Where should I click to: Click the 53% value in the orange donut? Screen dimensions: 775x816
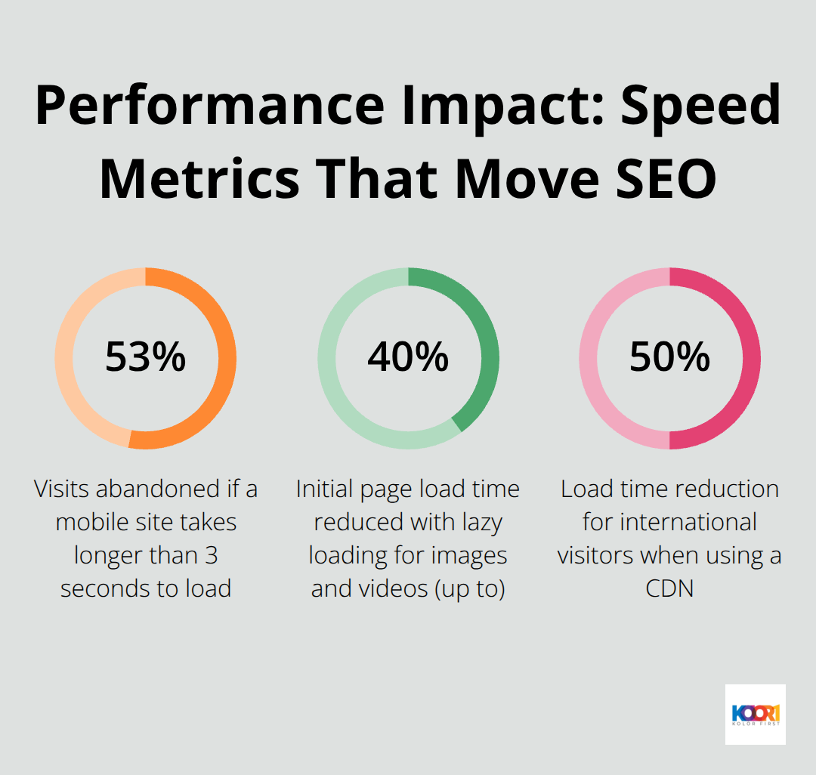click(145, 357)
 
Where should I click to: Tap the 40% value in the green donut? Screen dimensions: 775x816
click(408, 357)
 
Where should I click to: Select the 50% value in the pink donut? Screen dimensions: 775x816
click(669, 357)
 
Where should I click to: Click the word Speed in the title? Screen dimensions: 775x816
click(702, 106)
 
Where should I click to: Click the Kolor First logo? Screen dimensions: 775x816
click(755, 714)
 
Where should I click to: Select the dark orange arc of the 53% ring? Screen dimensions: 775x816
click(227, 358)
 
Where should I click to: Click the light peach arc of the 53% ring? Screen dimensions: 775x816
click(64, 358)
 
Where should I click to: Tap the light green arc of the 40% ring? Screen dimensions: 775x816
click(327, 358)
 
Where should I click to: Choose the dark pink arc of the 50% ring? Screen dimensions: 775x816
click(751, 358)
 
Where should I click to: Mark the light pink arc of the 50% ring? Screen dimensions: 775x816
click(589, 358)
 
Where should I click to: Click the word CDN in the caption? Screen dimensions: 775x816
click(669, 588)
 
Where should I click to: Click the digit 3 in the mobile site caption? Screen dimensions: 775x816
click(211, 556)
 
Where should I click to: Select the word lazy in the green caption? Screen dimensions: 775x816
click(481, 523)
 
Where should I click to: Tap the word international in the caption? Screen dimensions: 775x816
click(669, 523)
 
